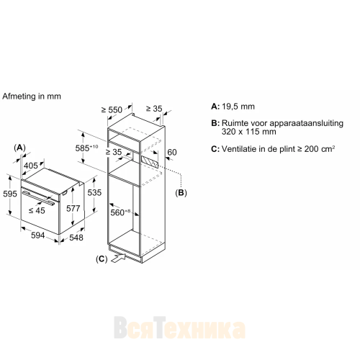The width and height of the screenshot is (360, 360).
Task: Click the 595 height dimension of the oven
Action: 10,194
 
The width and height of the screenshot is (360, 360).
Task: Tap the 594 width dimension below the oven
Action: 38,235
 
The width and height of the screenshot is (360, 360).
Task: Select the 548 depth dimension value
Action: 76,238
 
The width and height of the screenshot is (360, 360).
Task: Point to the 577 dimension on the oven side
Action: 73,208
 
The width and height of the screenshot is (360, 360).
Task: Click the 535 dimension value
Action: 94,192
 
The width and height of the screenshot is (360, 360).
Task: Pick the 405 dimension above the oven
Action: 31,166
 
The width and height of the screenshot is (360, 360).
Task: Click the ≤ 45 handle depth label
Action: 37,210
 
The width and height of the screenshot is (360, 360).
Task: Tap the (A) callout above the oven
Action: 19,148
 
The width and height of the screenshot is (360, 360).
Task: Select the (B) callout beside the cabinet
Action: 181,193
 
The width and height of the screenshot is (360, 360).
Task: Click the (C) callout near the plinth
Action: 102,259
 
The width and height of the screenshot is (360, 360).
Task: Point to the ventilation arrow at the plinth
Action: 119,258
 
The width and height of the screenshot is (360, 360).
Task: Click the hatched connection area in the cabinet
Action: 150,162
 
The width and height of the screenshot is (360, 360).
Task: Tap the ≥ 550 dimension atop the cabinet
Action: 112,110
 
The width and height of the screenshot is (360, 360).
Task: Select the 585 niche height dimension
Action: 86,148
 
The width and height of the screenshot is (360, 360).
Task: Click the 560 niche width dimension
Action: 120,212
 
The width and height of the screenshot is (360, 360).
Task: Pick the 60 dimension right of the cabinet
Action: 172,153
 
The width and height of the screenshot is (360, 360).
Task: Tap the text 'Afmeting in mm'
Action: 32,96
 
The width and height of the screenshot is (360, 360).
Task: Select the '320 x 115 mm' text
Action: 248,132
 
